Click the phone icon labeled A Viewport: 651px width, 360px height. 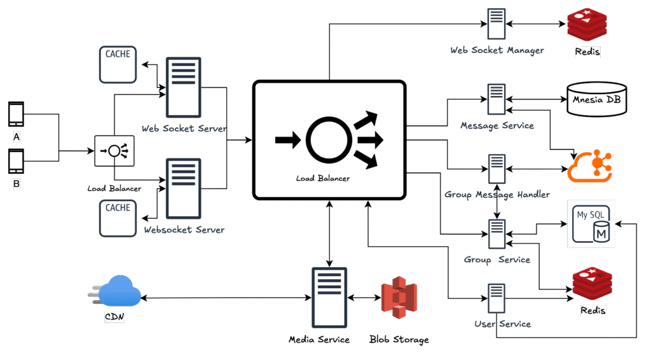(17, 115)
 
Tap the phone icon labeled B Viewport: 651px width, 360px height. (17, 162)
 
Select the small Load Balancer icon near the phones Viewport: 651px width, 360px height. (114, 151)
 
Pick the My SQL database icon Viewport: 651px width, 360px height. (591, 223)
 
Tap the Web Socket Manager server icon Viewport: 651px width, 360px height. (497, 25)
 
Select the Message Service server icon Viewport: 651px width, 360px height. (497, 100)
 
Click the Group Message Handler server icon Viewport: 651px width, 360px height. (497, 170)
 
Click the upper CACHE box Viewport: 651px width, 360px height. (118, 64)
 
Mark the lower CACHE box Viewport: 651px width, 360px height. (118, 218)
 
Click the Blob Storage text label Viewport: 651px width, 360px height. (399, 340)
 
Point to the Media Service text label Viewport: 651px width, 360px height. (319, 340)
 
